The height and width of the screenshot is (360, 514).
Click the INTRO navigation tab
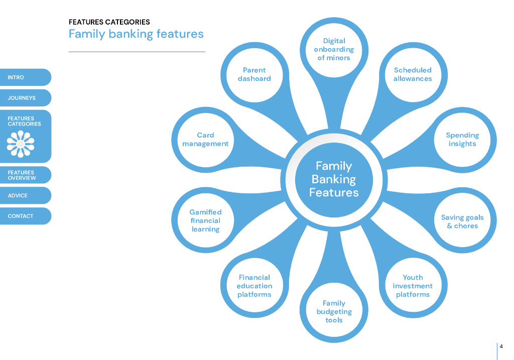[x=25, y=77]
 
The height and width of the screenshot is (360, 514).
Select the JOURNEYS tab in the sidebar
[x=25, y=98]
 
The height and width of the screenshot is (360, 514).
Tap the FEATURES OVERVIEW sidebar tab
[x=25, y=175]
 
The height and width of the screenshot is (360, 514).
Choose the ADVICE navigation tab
[x=25, y=196]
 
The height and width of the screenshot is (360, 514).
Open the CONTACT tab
[x=25, y=216]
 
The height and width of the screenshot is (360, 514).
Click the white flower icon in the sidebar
[x=21, y=144]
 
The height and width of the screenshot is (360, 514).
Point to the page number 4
[x=501, y=346]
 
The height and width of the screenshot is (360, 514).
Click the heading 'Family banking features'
[x=136, y=34]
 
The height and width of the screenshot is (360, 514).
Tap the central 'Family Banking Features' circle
[x=334, y=179]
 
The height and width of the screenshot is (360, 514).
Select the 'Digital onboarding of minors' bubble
[x=334, y=49]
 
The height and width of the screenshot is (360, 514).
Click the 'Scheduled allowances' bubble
[x=413, y=74]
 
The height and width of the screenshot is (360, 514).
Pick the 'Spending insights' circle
[x=462, y=140]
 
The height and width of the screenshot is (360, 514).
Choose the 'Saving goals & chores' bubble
[x=462, y=221]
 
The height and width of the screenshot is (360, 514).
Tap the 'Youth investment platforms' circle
[x=413, y=286]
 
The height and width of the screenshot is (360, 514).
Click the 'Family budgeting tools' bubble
[x=334, y=311]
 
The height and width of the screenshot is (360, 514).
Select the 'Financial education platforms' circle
[x=254, y=286]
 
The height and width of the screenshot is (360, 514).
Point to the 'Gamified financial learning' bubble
[x=205, y=220]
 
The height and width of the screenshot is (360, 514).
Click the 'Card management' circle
[x=205, y=140]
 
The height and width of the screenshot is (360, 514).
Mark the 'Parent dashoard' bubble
[x=254, y=74]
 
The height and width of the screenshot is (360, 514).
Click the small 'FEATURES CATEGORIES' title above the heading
[x=109, y=22]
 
